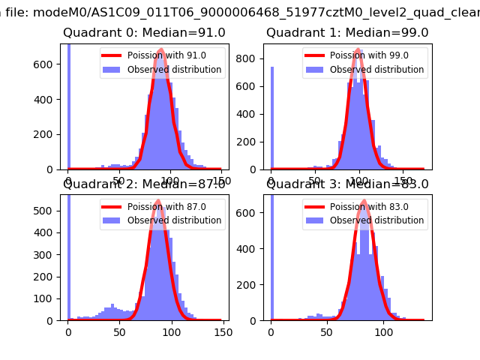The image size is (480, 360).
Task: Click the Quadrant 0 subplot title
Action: [x=143, y=32]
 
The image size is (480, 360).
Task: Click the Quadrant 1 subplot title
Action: [x=347, y=32]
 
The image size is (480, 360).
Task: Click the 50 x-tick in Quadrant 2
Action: [x=119, y=330]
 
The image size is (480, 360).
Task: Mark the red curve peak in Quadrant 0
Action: [x=161, y=52]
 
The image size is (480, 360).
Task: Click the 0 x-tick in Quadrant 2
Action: [x=68, y=330]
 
